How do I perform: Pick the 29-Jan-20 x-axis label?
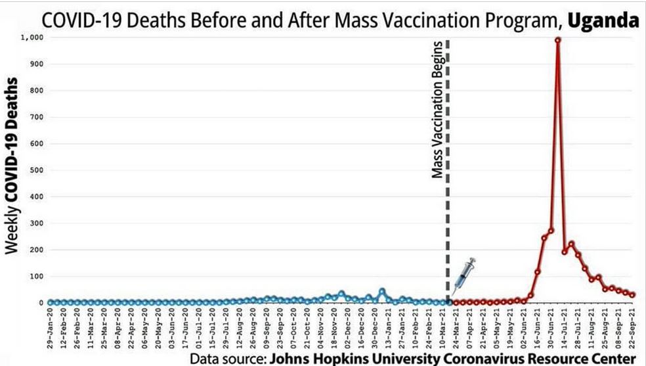[51, 327]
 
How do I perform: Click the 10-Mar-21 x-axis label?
[443, 327]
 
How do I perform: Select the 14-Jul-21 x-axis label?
[565, 327]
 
